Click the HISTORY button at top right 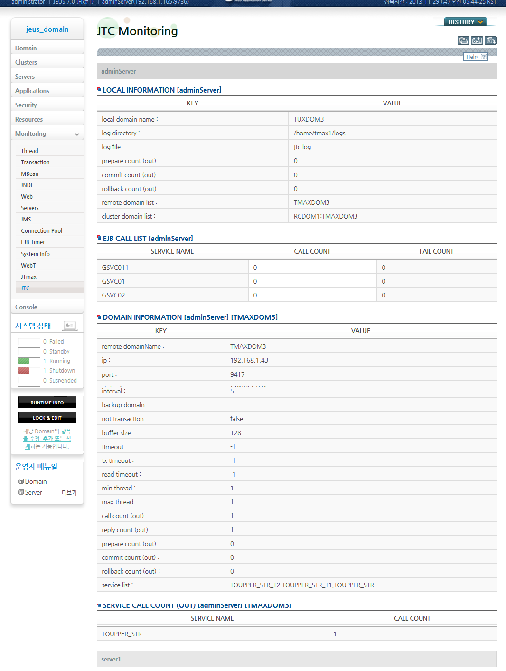tap(465, 22)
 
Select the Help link tap(475, 57)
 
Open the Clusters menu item tap(26, 62)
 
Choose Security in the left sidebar tap(26, 105)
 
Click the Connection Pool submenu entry tap(42, 231)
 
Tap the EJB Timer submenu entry tap(33, 242)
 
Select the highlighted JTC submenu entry tap(26, 288)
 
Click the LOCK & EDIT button tap(47, 418)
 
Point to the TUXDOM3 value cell tap(309, 119)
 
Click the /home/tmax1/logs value tap(319, 133)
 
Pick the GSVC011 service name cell tap(115, 268)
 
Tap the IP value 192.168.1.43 tap(249, 360)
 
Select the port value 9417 tap(237, 374)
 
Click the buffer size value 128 tap(236, 433)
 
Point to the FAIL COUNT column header tap(436, 251)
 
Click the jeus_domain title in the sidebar tap(47, 29)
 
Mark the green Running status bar tap(24, 361)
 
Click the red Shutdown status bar tap(24, 371)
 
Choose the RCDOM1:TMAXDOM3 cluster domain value tap(326, 216)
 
